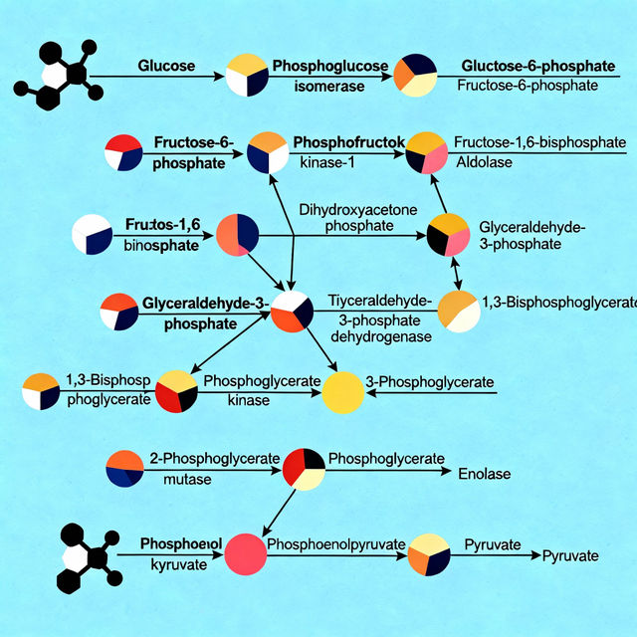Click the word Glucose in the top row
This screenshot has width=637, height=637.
166,65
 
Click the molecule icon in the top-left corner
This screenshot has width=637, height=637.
61,74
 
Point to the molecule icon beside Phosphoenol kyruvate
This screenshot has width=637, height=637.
88,555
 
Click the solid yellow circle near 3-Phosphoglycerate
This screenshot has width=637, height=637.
343,391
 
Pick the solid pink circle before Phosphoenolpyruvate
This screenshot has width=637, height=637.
245,554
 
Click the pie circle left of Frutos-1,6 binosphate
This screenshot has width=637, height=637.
93,235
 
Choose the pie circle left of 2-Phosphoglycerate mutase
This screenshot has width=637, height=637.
124,469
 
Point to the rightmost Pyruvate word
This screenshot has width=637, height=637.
569,555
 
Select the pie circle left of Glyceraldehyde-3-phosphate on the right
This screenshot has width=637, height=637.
448,235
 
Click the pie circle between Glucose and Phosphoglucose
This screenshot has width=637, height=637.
247,75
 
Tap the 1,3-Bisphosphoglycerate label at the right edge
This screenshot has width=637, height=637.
558,302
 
